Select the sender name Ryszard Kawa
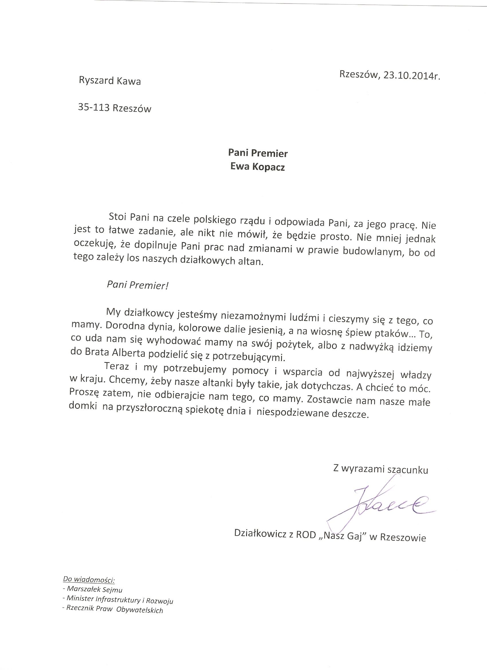(x=110, y=81)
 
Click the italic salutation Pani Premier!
(x=138, y=285)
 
